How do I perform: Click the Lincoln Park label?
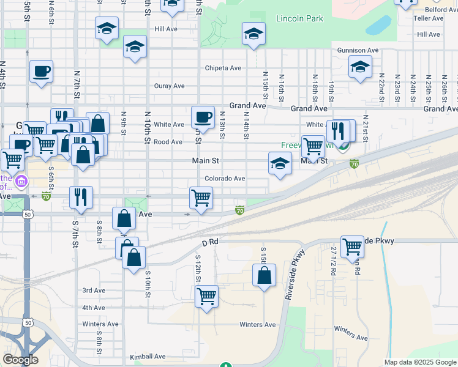(x=299, y=18)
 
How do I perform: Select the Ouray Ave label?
(x=170, y=86)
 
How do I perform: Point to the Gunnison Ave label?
(x=358, y=50)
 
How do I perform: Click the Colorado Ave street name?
(x=225, y=179)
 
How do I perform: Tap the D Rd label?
(x=210, y=243)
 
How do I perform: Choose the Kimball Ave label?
(x=148, y=356)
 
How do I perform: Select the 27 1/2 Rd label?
(x=333, y=261)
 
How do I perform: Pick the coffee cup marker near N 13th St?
(x=203, y=116)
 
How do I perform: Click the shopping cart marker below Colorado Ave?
(x=201, y=198)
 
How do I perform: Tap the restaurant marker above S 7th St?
(x=81, y=197)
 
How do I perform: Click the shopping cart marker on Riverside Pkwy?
(x=352, y=247)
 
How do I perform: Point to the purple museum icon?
(x=22, y=181)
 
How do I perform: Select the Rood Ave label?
(x=168, y=142)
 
